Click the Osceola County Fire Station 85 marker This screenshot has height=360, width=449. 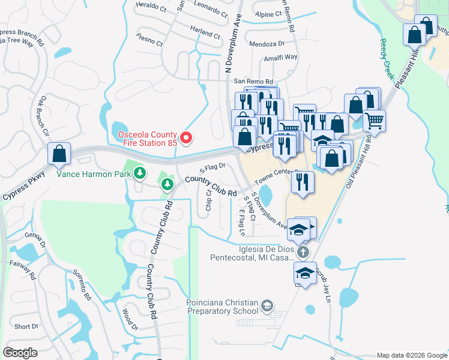pyautogui.click(x=186, y=139)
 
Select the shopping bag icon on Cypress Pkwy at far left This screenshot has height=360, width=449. pyautogui.click(x=59, y=154)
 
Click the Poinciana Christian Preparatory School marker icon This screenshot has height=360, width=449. pyautogui.click(x=267, y=307)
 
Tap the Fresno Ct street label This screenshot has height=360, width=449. pyautogui.click(x=149, y=43)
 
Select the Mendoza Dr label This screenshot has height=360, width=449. pyautogui.click(x=267, y=44)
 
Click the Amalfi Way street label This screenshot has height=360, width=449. pyautogui.click(x=282, y=58)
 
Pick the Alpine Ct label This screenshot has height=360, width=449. pyautogui.click(x=267, y=14)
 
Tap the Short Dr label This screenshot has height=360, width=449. pyautogui.click(x=26, y=327)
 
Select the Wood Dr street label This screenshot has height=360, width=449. pyautogui.click(x=130, y=319)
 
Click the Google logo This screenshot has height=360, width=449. pyautogui.click(x=20, y=353)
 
